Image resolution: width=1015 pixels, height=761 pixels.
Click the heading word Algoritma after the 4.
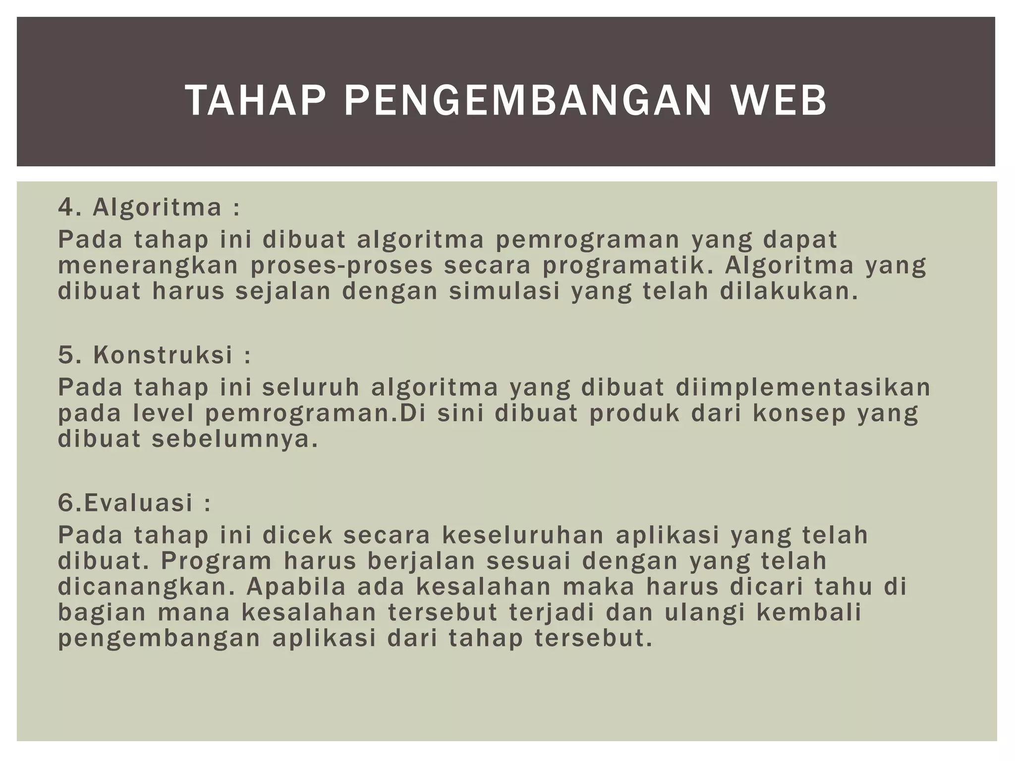click(x=157, y=207)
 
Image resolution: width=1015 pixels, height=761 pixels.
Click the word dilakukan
click(x=789, y=291)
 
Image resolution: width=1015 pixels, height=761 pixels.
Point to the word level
click(x=164, y=414)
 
